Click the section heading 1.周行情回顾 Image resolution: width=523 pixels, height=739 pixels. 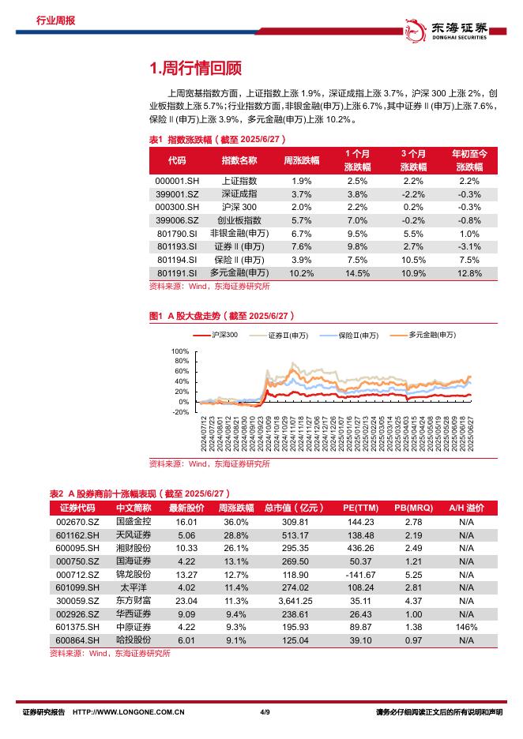click(x=195, y=68)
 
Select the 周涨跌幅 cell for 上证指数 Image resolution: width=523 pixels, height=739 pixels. click(x=301, y=181)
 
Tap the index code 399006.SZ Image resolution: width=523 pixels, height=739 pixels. click(x=176, y=220)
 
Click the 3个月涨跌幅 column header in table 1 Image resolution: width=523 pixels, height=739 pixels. click(x=413, y=159)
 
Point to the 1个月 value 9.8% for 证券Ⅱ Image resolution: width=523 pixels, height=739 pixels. click(x=357, y=246)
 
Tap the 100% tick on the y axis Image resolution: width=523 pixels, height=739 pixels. click(x=179, y=351)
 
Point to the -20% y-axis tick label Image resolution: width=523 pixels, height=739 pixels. click(x=179, y=411)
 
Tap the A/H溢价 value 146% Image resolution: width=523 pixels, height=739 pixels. click(x=466, y=626)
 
